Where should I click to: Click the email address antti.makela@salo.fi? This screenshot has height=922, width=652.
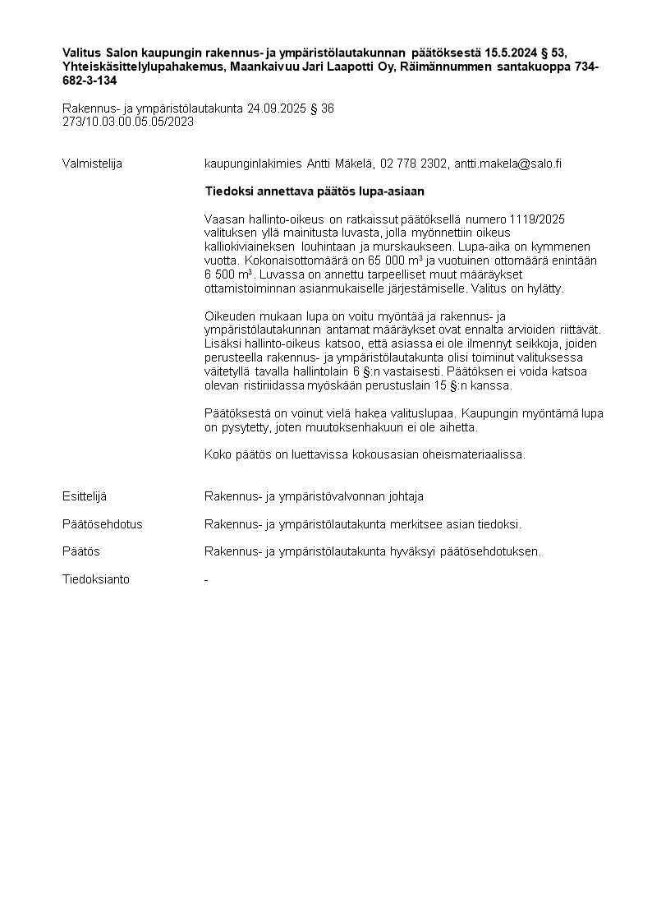[x=508, y=164]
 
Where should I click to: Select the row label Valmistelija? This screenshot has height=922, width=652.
[x=92, y=164]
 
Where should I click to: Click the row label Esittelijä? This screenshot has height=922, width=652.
[x=85, y=496]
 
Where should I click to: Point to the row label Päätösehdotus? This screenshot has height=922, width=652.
[x=102, y=524]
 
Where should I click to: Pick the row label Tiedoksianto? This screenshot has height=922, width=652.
[x=95, y=579]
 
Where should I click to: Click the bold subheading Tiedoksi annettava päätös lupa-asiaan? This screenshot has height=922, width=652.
[x=315, y=191]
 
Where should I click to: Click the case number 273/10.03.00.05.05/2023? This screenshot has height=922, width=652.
[x=128, y=122]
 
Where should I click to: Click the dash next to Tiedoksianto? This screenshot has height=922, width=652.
[x=206, y=579]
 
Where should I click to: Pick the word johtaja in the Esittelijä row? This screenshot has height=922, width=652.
[x=405, y=496]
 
